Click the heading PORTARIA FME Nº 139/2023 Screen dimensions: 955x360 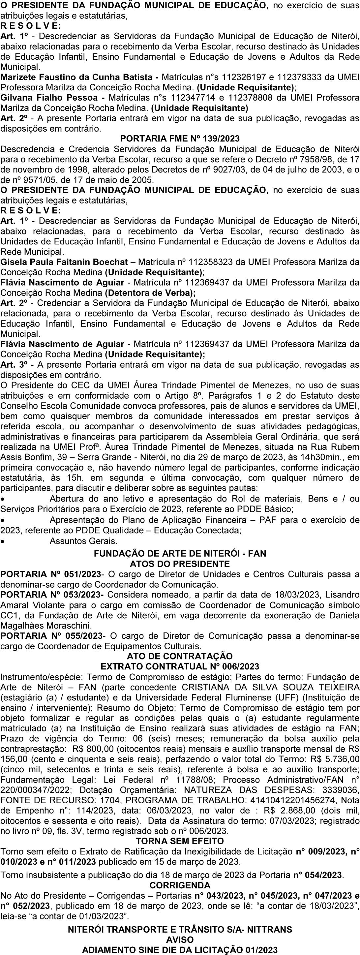click(x=180, y=139)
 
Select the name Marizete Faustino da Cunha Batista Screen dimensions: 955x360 click(x=76, y=77)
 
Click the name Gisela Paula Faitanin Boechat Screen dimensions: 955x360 click(x=64, y=262)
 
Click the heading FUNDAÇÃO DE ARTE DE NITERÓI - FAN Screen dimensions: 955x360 click(x=180, y=553)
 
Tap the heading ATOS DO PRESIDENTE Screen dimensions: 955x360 click(x=180, y=564)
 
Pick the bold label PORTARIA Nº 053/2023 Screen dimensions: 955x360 click(x=52, y=595)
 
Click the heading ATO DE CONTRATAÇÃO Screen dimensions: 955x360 click(x=180, y=656)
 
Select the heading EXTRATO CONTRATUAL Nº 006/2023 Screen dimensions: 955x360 click(x=180, y=666)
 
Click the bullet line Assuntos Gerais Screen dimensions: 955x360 click(x=83, y=541)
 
